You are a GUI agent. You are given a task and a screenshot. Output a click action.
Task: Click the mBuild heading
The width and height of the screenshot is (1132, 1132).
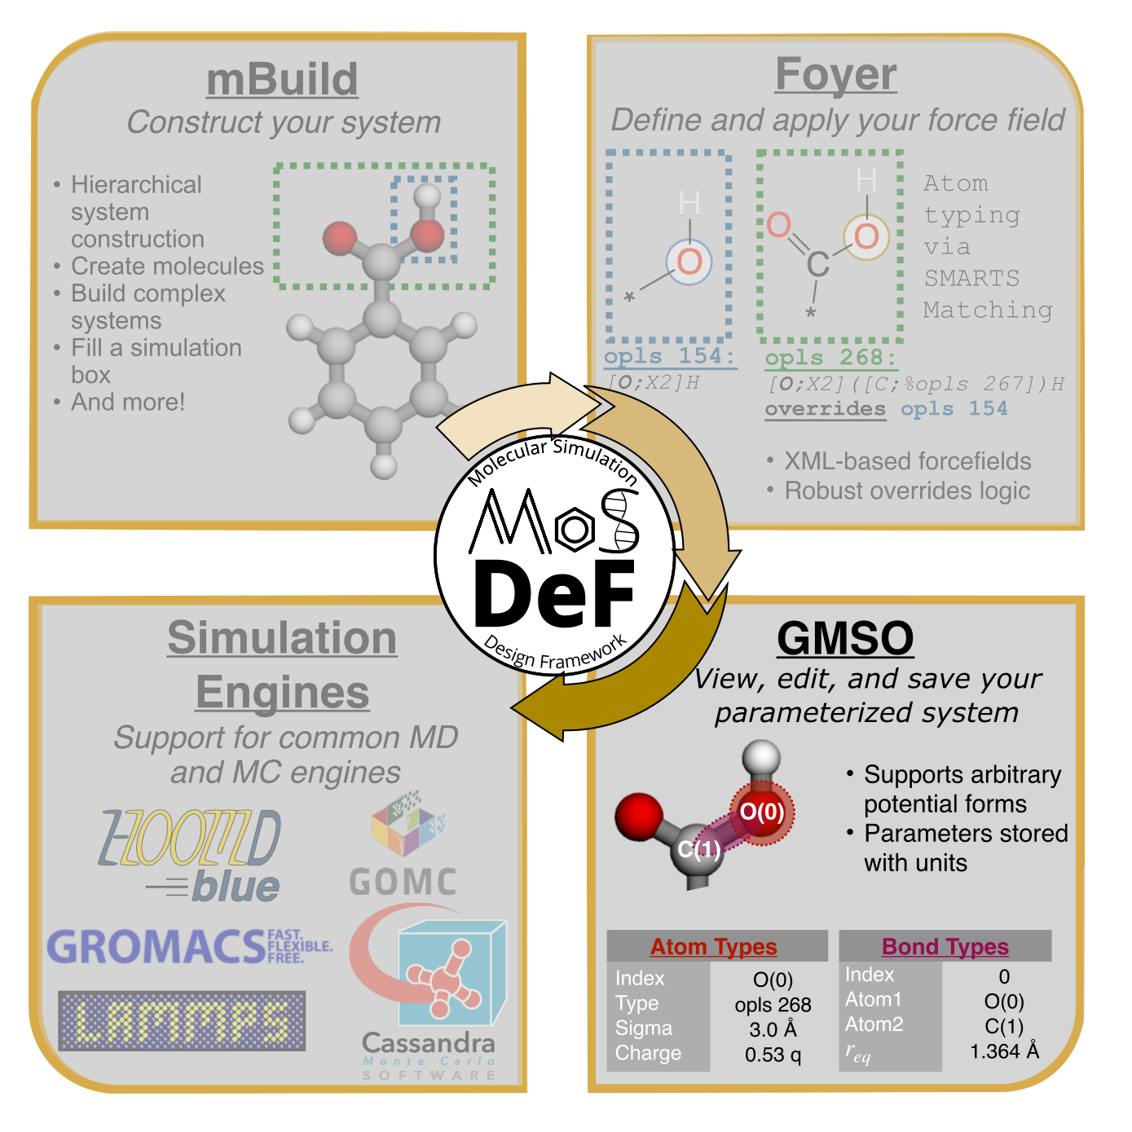[x=282, y=80]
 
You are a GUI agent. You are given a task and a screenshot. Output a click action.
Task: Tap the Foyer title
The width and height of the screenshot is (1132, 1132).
[x=835, y=75]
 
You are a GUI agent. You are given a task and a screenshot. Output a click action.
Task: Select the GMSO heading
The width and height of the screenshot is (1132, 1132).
[x=845, y=638]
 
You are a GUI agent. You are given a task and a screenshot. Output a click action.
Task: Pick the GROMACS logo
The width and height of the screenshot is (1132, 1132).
[x=189, y=946]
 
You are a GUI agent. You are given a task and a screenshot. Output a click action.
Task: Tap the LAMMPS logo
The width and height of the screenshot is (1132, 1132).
[x=182, y=1020]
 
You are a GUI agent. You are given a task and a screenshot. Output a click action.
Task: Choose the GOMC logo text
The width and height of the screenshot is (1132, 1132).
[x=403, y=883]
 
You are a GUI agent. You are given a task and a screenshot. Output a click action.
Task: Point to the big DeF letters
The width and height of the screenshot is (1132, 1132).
[x=554, y=594]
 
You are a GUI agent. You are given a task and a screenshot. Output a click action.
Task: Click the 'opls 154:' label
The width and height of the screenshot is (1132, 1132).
[x=669, y=356]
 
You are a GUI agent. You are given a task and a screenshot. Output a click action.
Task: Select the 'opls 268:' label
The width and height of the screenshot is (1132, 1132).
[x=830, y=357]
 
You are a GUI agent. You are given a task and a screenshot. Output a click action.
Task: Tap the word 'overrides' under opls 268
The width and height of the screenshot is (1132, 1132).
[x=825, y=408]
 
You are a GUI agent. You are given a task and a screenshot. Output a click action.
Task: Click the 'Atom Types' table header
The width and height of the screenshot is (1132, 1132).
[x=713, y=946]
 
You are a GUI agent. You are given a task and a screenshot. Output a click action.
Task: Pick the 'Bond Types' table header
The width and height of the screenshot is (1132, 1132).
[x=945, y=946]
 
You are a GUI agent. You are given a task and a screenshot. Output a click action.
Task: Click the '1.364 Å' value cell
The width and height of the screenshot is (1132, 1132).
[x=1004, y=1051]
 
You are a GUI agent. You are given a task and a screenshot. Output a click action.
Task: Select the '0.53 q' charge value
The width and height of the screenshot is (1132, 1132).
[x=773, y=1055]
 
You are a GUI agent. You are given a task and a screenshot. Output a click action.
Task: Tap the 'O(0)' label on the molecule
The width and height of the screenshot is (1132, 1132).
[x=761, y=812]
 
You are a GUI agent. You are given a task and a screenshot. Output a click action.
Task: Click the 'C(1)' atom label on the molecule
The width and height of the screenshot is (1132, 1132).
[x=699, y=850]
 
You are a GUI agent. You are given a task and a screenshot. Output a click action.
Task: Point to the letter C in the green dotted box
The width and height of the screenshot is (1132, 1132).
[x=817, y=264]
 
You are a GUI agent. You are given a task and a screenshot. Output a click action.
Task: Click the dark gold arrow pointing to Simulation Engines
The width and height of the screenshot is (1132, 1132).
[x=619, y=685]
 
